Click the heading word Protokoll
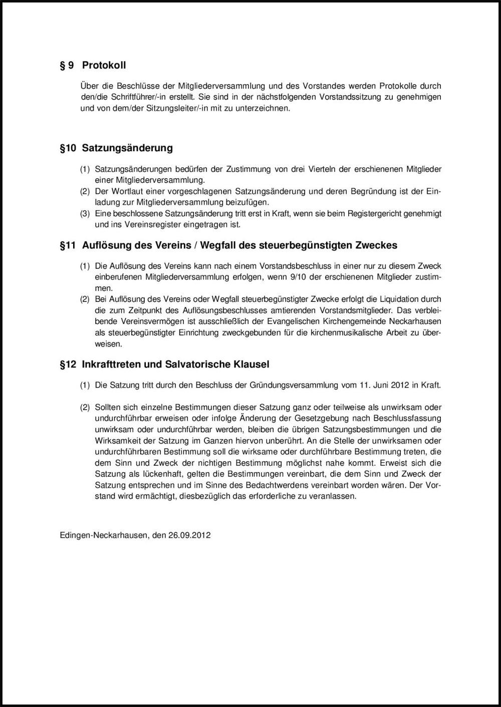(x=104, y=65)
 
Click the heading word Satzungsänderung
(x=127, y=148)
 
